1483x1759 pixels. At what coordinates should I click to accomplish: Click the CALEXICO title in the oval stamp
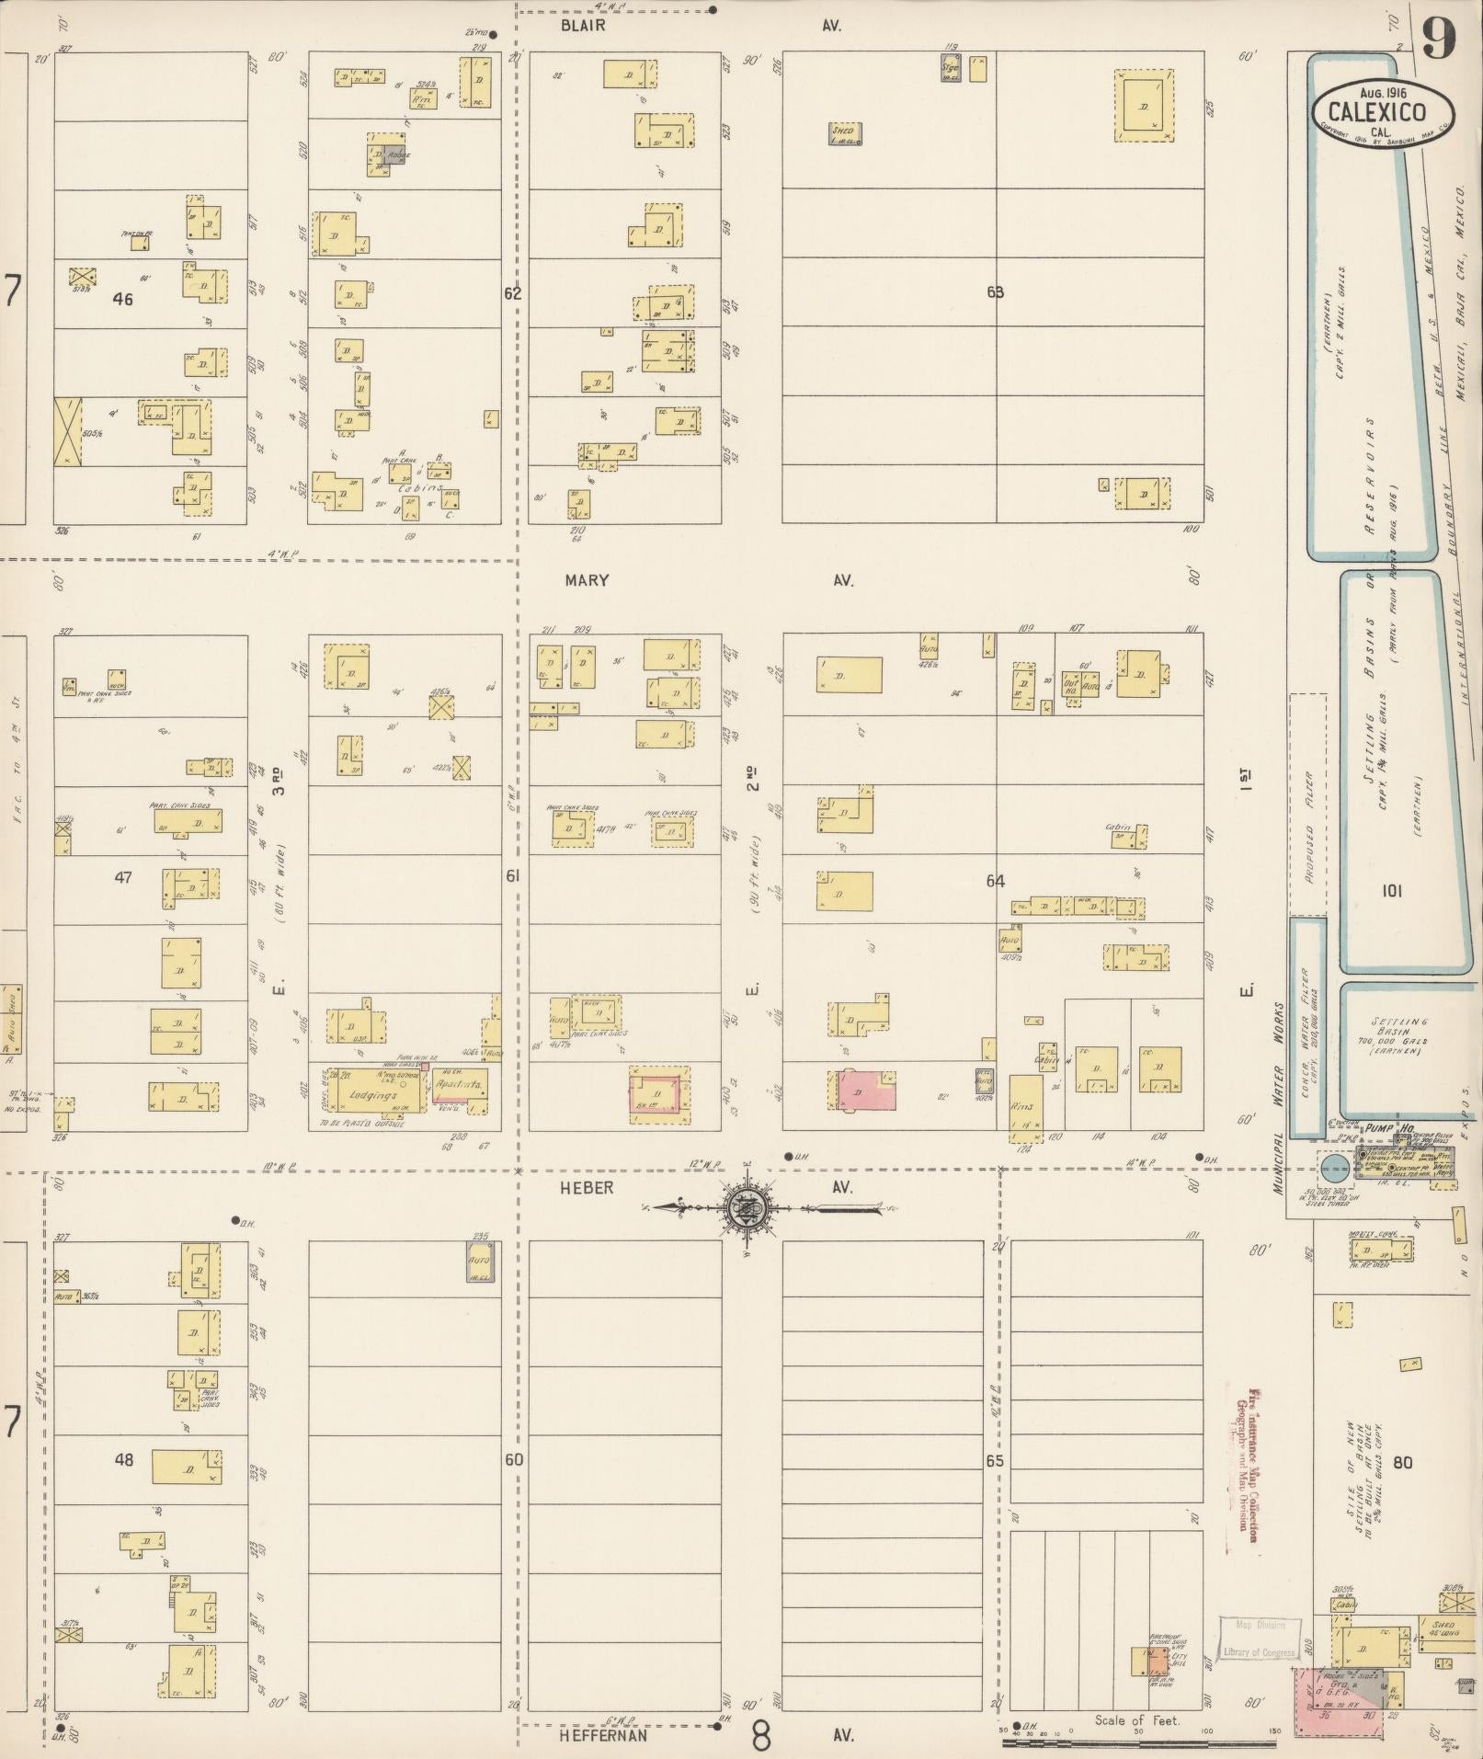coord(1377,113)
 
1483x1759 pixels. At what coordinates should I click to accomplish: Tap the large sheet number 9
coord(1440,40)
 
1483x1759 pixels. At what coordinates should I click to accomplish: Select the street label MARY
coord(587,580)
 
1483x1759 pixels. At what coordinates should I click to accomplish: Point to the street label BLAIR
coord(583,26)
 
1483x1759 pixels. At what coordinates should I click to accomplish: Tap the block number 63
coord(995,292)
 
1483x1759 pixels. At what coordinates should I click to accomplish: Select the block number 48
coord(123,1459)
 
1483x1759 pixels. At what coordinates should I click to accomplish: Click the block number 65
coord(994,1461)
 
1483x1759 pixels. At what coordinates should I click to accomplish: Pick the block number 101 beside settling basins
coord(1392,890)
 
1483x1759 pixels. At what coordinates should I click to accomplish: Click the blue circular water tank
coord(1333,1169)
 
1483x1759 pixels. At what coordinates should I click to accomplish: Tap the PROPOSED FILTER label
coord(1308,828)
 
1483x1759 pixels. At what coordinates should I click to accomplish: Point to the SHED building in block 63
coord(843,133)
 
